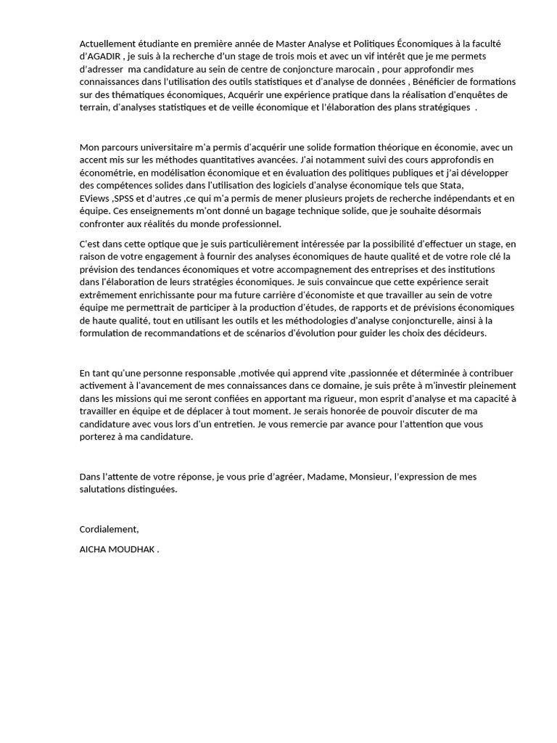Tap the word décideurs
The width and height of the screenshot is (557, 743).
463,333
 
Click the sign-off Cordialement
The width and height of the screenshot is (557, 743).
109,529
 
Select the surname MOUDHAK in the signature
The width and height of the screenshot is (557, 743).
130,549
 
